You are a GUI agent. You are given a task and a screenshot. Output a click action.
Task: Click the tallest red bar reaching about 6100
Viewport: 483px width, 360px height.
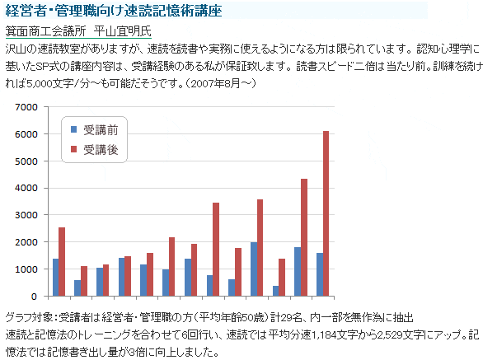(326, 213)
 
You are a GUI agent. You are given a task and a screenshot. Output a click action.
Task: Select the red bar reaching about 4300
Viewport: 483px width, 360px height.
(304, 237)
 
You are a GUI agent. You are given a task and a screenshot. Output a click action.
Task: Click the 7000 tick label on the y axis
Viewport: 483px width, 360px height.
(26, 107)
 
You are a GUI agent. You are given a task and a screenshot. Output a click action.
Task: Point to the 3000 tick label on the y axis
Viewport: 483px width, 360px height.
(26, 215)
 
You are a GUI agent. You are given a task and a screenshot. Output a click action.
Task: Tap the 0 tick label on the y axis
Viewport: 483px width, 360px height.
(34, 297)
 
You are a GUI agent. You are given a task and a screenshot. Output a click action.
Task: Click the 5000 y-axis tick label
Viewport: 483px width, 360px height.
(26, 161)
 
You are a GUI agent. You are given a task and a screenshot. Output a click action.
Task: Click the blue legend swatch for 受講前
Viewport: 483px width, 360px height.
(73, 129)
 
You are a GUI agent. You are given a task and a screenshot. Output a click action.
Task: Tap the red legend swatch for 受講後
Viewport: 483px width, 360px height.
(73, 149)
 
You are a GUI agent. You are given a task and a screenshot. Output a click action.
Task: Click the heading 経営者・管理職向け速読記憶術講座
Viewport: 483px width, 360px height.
(114, 11)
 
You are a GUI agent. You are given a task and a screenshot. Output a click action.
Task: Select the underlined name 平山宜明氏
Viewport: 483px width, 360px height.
(123, 31)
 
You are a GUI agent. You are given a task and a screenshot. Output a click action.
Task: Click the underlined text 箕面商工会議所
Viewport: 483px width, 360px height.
(45, 31)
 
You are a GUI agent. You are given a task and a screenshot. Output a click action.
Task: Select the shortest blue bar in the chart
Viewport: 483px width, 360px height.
(275, 291)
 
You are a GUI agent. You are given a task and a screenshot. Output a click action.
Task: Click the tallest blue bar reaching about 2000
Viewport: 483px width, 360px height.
(254, 269)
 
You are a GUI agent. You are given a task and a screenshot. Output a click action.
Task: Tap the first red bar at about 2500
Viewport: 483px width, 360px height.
(62, 262)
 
